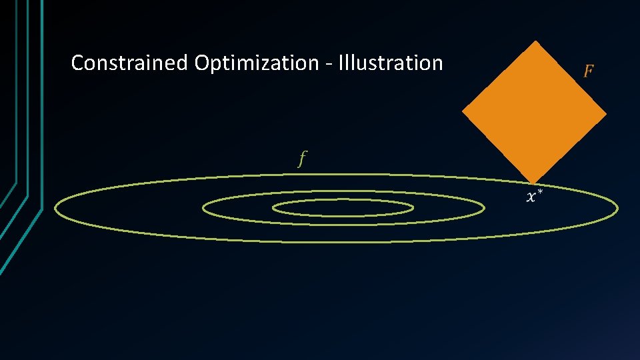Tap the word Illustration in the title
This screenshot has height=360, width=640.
click(x=391, y=63)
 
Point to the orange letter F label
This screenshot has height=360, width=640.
click(x=588, y=71)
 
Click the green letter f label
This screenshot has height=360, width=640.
click(x=302, y=159)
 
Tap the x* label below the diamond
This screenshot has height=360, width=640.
click(x=534, y=196)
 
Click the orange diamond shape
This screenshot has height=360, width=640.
click(x=534, y=112)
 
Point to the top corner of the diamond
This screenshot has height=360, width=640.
click(x=535, y=41)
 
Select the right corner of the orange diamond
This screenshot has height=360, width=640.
click(x=606, y=113)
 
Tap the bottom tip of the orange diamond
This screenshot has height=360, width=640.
click(x=533, y=183)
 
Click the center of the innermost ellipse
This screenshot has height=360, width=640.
click(x=343, y=208)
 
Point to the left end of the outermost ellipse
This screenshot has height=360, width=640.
click(x=55, y=209)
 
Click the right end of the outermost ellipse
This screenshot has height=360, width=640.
click(x=617, y=209)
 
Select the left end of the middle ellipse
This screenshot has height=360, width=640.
click(x=203, y=209)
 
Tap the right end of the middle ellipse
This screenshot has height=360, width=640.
click(x=484, y=208)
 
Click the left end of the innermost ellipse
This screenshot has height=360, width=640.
click(x=273, y=208)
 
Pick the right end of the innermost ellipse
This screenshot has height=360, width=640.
click(x=413, y=208)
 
